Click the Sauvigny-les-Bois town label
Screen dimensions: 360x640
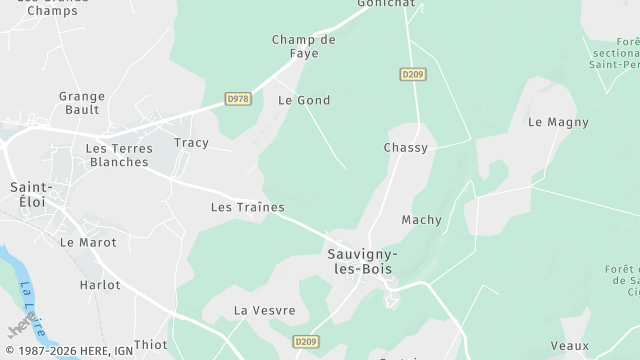click(362, 261)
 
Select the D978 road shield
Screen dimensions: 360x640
click(238, 99)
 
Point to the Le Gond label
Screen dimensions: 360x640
click(304, 101)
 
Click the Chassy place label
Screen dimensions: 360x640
click(405, 148)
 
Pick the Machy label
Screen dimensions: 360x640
click(421, 220)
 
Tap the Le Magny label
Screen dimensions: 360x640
click(558, 123)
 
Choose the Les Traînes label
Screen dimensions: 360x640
click(247, 208)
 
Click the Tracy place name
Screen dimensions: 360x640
click(191, 143)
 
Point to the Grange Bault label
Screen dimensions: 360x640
click(82, 103)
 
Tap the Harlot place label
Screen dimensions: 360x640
click(100, 285)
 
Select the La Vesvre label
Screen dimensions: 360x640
click(264, 311)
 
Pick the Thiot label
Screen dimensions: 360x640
click(151, 345)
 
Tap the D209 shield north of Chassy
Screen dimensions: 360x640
click(412, 74)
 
